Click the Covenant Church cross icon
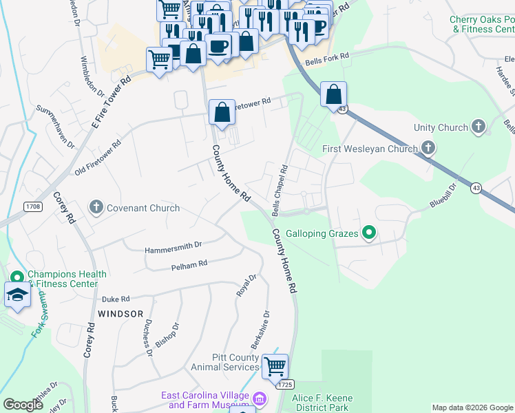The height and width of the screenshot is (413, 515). (96, 207)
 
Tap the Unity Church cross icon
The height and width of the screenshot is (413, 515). (479, 127)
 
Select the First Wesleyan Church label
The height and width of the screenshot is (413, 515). (370, 149)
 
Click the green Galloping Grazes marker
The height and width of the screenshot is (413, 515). (369, 234)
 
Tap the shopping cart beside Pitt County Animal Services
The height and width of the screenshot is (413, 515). (275, 366)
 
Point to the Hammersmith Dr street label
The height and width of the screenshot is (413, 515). (173, 245)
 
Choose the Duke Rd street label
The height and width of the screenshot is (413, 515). (116, 299)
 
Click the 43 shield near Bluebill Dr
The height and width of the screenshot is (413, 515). (476, 187)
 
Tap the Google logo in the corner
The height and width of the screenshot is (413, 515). (23, 405)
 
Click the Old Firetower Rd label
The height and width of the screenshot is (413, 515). (98, 158)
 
